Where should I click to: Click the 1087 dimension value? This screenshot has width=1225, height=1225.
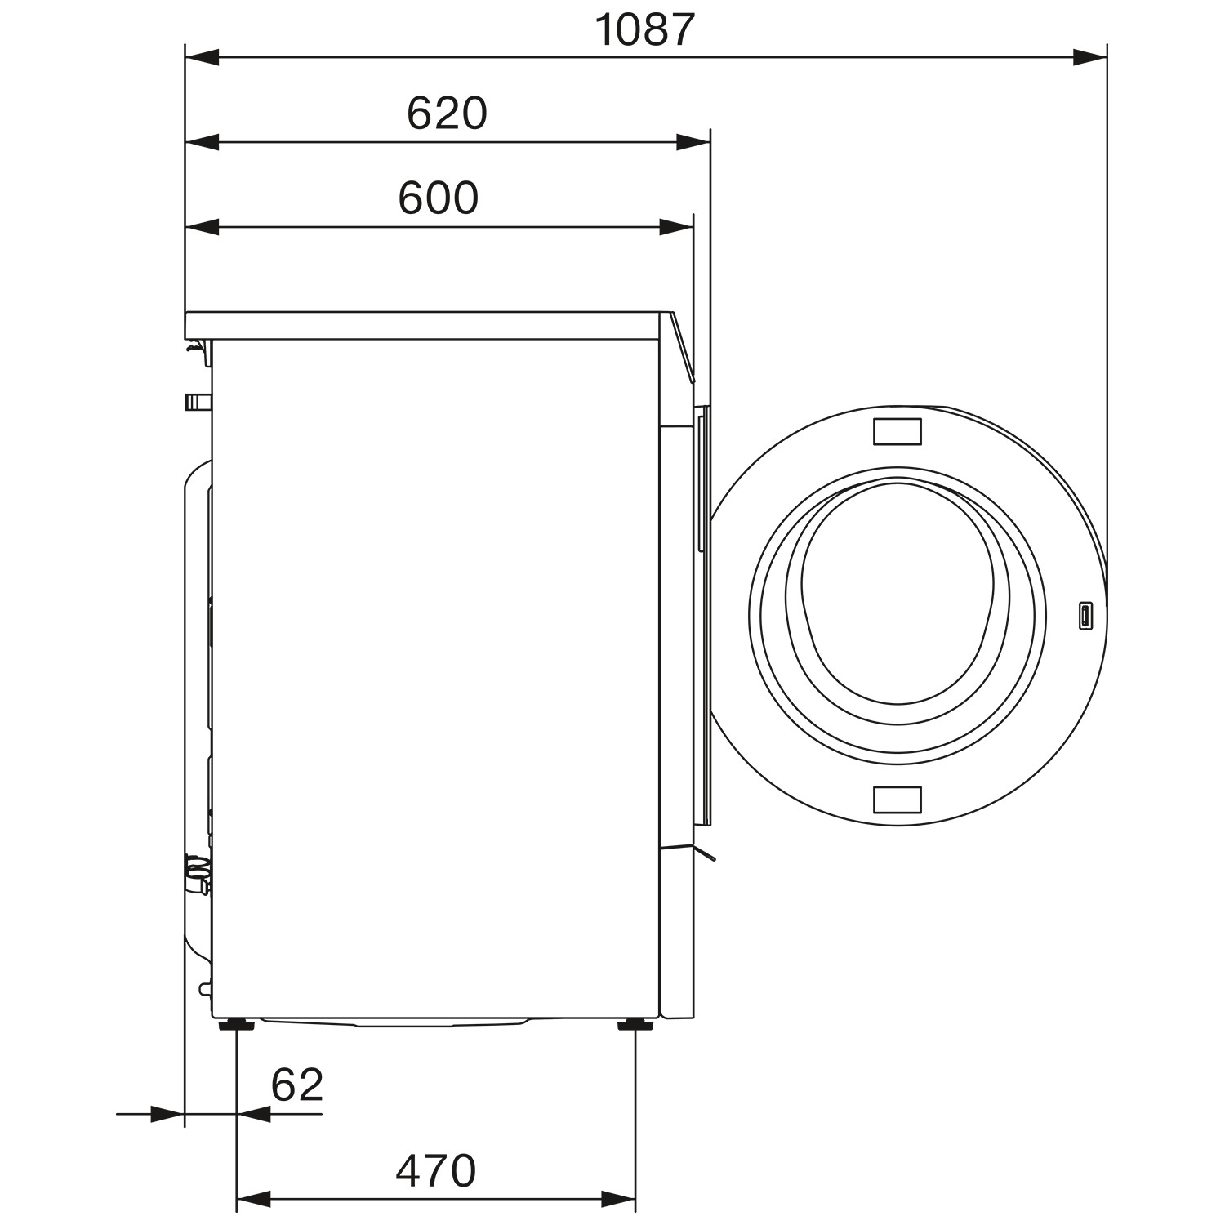[644, 29]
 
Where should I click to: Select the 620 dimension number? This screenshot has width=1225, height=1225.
[447, 114]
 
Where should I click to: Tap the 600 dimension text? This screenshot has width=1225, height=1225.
[439, 198]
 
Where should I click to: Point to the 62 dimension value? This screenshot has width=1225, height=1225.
[297, 1085]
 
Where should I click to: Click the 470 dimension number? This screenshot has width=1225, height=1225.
[435, 1170]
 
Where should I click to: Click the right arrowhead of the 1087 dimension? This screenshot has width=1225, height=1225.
[1090, 57]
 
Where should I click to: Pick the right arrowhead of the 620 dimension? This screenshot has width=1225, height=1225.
[693, 143]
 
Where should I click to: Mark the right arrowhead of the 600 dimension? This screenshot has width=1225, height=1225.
[676, 227]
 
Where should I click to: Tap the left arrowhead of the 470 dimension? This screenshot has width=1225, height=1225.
[253, 1199]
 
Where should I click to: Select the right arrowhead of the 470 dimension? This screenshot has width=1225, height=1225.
[618, 1199]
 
